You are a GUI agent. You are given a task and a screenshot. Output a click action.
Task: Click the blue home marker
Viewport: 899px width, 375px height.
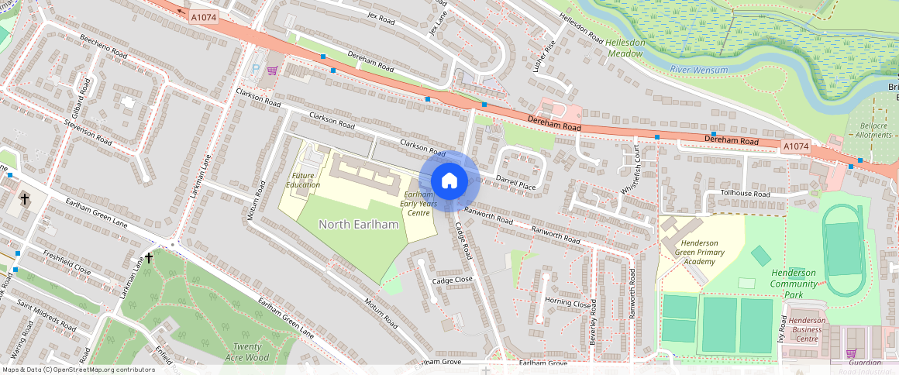449,181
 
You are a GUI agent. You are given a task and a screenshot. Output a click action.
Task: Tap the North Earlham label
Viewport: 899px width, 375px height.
359,225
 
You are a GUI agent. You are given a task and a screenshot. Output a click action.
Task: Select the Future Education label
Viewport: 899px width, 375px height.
302,180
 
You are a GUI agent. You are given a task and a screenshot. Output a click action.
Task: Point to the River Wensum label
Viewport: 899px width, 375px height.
699,71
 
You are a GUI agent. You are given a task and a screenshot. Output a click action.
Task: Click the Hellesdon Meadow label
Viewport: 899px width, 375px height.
624,48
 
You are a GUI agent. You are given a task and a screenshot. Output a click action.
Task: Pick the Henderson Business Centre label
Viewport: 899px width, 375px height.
807,329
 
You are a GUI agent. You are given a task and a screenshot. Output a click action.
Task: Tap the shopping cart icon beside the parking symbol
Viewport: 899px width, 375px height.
272,71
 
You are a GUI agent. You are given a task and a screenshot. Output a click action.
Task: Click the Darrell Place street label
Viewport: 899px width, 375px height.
515,186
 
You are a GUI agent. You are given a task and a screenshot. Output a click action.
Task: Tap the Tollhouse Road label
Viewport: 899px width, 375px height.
745,193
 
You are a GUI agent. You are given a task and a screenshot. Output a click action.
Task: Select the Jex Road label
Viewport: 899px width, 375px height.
381,16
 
